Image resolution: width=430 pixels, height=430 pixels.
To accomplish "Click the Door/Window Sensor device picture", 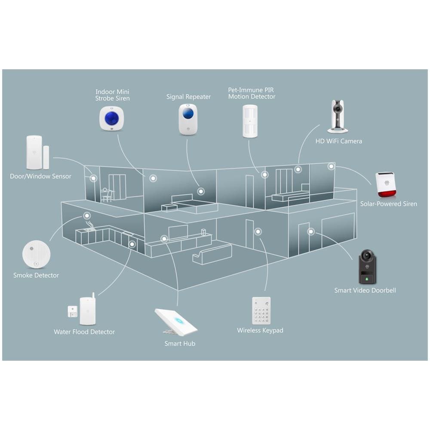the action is point(37,153).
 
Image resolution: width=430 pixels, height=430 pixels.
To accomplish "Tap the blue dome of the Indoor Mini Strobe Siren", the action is point(112,119).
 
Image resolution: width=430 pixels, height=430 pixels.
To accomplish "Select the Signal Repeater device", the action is point(188,119).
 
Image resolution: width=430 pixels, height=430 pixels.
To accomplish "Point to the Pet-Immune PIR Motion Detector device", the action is point(250,121).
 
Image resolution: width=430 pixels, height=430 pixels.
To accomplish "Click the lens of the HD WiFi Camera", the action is point(338,109).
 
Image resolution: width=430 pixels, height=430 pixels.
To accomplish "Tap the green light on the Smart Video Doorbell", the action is point(367,279).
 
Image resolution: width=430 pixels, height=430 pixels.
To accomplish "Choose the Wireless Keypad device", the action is point(261,311).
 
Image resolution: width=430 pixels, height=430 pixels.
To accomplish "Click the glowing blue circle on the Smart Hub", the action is point(178,320).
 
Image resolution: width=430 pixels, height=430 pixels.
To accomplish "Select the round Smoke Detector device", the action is point(36,254).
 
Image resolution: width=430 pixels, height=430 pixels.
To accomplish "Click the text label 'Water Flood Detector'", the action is point(84,332).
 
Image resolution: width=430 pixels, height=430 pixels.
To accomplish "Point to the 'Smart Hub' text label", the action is point(180,343).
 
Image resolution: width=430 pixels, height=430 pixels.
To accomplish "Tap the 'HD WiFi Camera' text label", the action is point(339,141).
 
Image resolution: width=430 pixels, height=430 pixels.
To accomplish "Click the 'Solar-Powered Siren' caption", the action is point(389,204).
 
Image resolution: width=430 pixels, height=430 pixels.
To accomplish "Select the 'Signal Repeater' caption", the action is point(188,97).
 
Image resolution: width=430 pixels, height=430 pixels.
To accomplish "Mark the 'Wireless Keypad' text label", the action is point(260,330).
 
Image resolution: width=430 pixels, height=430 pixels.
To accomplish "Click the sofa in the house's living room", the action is point(212,254).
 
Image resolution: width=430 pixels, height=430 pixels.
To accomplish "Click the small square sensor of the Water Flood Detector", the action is point(72,311).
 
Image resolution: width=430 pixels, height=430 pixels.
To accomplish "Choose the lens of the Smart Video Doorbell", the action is point(367,256).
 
